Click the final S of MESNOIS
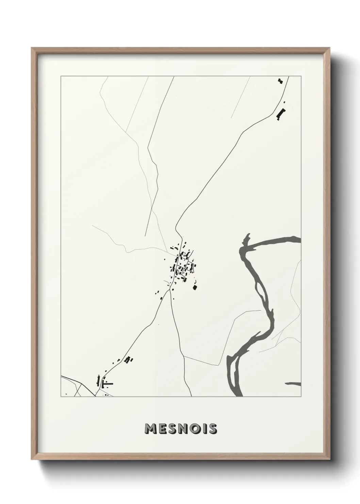click(x=213, y=429)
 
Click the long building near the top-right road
click(x=280, y=114)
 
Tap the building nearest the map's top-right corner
click(x=280, y=81)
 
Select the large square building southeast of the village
click(x=195, y=287)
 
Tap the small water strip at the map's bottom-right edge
click(x=294, y=384)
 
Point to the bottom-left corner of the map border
click(x=61, y=396)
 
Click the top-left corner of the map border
click(x=61, y=77)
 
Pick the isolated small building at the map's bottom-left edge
click(x=66, y=394)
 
